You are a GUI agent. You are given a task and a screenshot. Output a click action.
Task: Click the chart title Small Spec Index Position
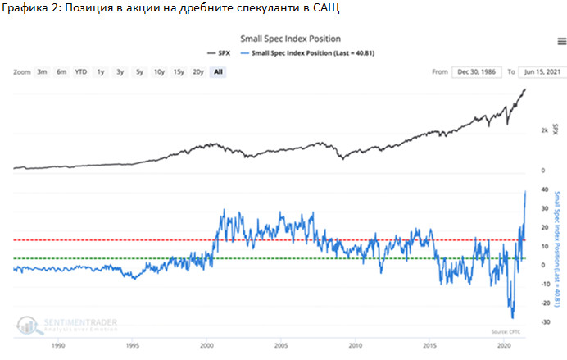(x=290, y=39)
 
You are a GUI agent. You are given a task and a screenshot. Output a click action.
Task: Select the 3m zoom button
(x=42, y=71)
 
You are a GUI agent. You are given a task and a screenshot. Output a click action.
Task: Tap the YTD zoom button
(x=80, y=71)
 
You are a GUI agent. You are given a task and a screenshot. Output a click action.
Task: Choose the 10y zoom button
(x=158, y=71)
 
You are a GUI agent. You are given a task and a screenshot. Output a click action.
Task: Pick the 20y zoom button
(x=197, y=71)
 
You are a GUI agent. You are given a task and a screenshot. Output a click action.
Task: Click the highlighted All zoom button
(x=217, y=71)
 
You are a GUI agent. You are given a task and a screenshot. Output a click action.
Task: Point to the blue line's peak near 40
(x=524, y=191)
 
